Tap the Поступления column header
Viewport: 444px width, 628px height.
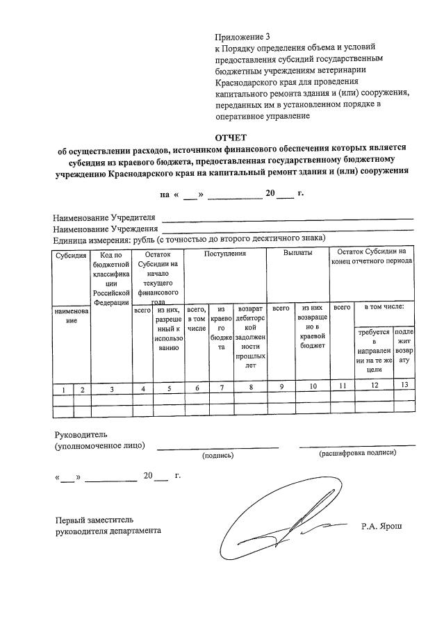[x=225, y=254]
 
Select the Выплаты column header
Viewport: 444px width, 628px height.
[x=298, y=254]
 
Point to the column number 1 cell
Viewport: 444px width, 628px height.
[x=63, y=390]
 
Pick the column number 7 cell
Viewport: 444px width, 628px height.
[x=221, y=389]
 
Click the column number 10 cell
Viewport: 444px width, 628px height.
[x=312, y=389]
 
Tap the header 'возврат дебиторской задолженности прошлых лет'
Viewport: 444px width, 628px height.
[x=251, y=336]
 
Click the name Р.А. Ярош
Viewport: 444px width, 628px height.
[x=381, y=527]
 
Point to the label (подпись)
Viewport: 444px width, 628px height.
[x=217, y=456]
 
